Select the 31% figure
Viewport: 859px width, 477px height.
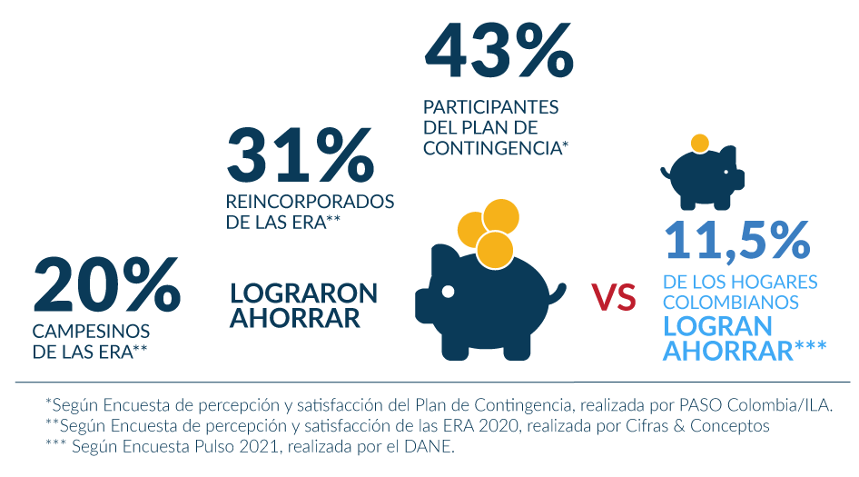[x=300, y=154]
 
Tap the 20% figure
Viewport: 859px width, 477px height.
[x=106, y=283]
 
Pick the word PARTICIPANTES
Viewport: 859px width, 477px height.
[x=490, y=107]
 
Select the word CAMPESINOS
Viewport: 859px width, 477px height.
[x=92, y=331]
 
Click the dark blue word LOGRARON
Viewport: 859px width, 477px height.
[x=303, y=293]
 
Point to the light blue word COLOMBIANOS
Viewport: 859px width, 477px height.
[x=732, y=302]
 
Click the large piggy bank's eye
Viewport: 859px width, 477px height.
[x=449, y=291]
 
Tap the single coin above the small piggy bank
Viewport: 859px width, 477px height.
[x=699, y=144]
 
